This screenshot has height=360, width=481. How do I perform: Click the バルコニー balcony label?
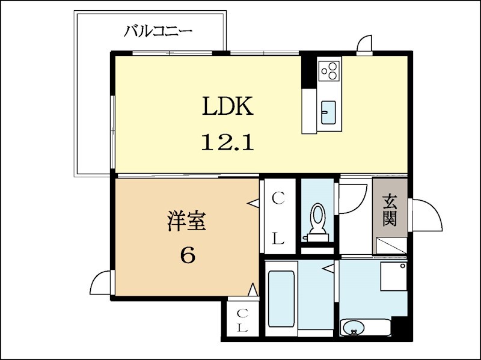158,31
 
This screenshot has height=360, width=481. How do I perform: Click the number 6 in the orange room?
187,255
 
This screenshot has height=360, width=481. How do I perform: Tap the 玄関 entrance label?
390,210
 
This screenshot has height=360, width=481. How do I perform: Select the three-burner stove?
329,71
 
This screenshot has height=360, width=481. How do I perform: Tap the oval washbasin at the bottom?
353,328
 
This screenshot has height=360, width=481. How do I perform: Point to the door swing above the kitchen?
364,46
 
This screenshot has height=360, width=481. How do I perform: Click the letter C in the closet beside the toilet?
278,198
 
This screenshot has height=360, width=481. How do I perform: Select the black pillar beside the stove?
308,72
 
